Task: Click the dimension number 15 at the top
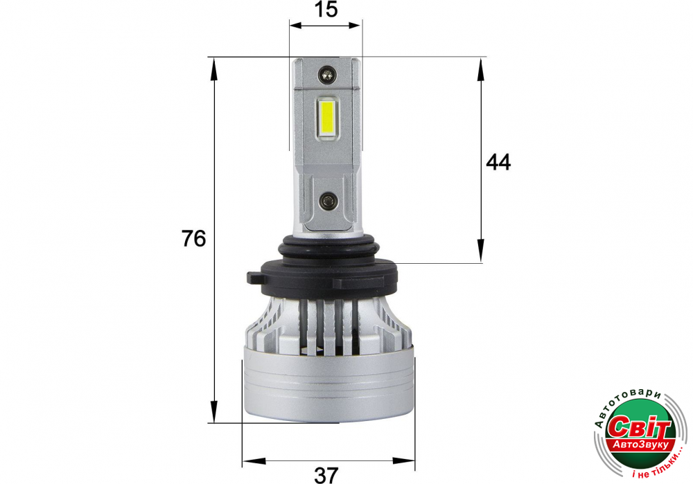(x=326, y=9)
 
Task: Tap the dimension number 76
(x=193, y=238)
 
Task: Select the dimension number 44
(x=498, y=162)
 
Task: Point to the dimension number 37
(x=326, y=476)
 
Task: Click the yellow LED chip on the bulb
(x=328, y=118)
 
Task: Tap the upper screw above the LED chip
(x=328, y=74)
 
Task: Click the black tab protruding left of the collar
(x=254, y=278)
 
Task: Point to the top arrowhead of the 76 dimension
(x=214, y=69)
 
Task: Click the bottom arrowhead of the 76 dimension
(x=214, y=411)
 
